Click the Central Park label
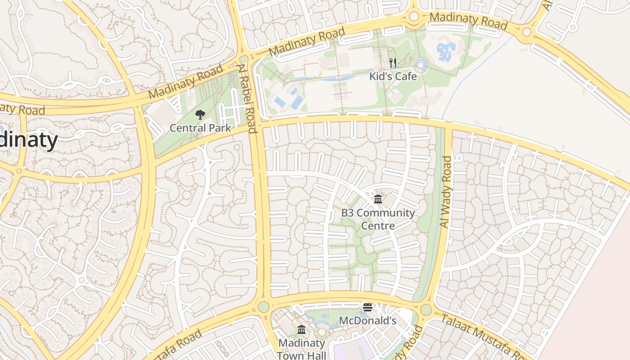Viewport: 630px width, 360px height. [200, 128]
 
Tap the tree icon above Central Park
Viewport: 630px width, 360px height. [200, 115]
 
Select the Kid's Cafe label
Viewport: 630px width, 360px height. [393, 76]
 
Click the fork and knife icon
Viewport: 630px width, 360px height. [393, 63]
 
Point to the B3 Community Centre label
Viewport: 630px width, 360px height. [378, 219]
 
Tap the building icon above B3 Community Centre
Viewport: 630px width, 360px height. [378, 199]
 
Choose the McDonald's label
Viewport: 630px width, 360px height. [367, 321]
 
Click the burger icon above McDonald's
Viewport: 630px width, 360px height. [368, 308]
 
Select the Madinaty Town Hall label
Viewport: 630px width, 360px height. [301, 349]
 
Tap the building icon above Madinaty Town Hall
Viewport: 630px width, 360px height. [301, 330]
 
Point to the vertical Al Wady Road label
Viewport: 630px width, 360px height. [445, 192]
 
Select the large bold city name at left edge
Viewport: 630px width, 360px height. [28, 140]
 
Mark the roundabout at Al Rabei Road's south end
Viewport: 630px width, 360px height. [264, 307]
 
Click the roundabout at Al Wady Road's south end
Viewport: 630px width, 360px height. [426, 310]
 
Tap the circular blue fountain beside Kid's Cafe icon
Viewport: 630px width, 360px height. [421, 66]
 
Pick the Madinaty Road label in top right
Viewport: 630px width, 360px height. [468, 21]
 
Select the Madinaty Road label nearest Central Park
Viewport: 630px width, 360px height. [185, 82]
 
